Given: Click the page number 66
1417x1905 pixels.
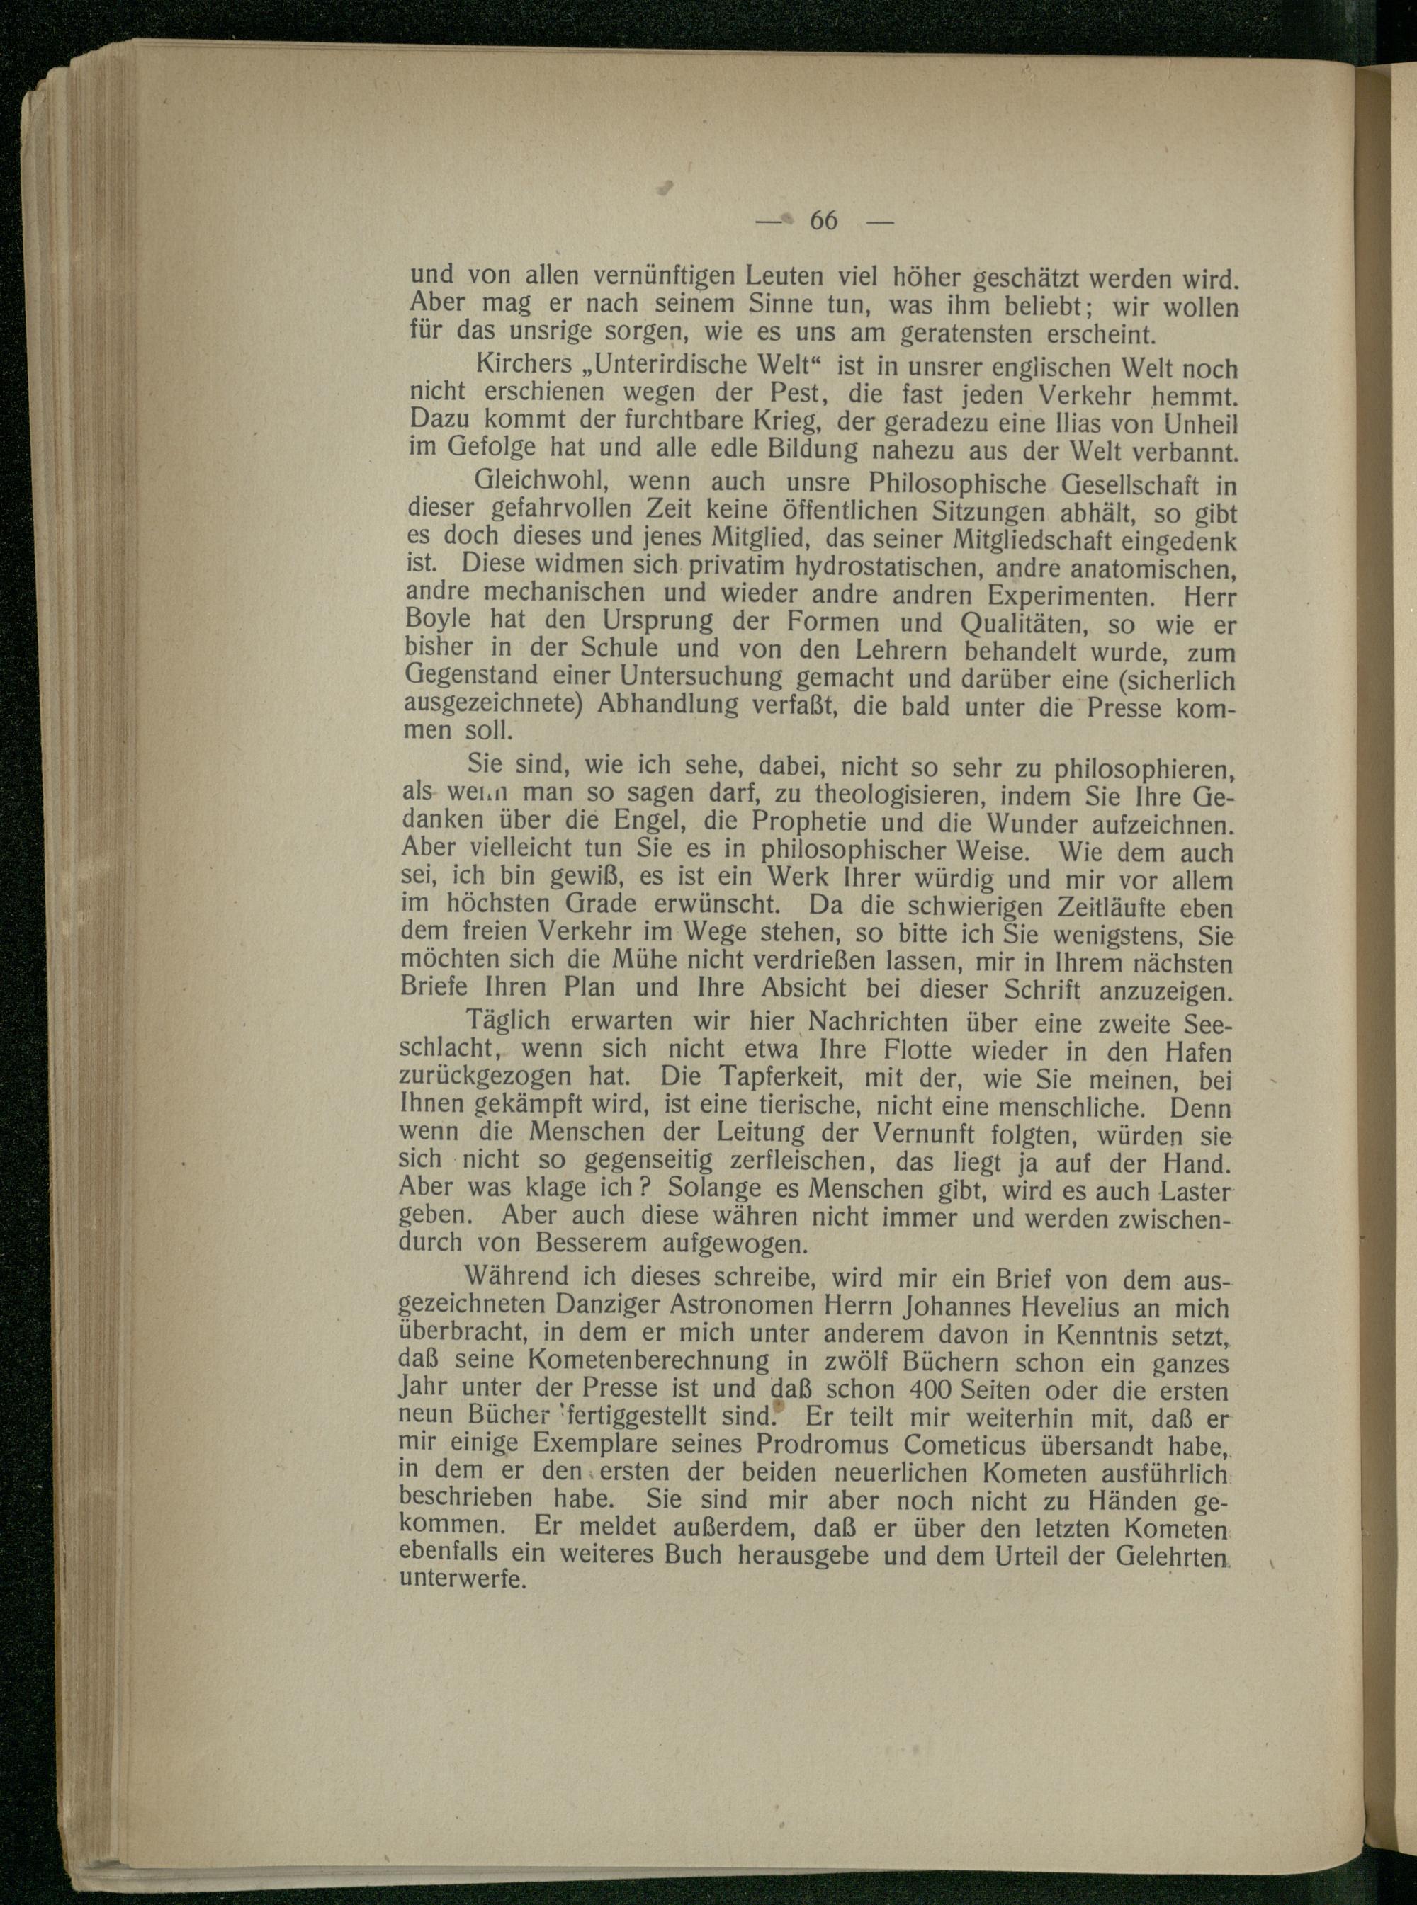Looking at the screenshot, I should point(823,220).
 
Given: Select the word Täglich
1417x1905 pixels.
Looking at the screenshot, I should point(508,1021).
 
